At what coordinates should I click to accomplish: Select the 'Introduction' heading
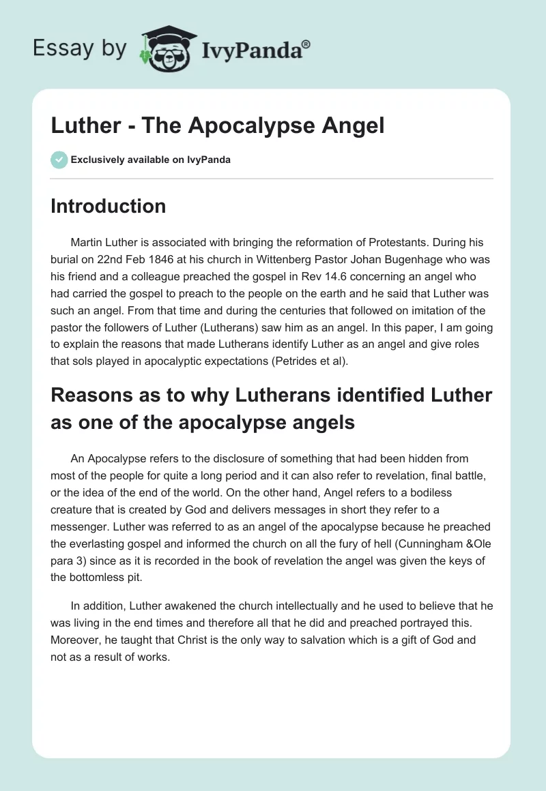108,206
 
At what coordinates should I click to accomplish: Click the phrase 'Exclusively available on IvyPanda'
150,160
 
